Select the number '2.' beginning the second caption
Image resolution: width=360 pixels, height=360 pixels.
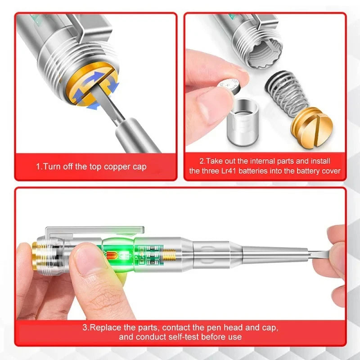tap(202, 161)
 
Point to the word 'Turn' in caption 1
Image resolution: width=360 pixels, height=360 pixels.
tap(51, 166)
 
